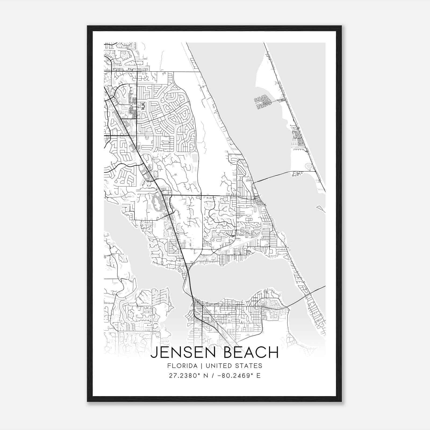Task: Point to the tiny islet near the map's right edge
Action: tap(321, 208)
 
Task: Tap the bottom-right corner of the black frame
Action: tap(341, 401)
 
